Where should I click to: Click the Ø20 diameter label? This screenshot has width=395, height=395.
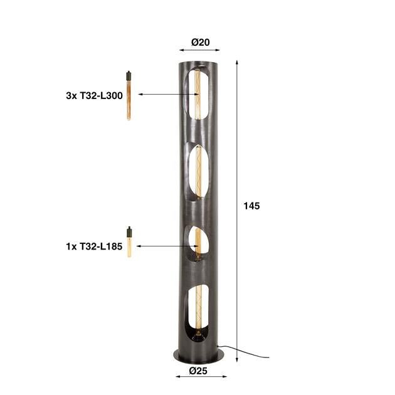click(200, 43)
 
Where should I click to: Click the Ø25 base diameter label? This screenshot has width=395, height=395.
click(200, 371)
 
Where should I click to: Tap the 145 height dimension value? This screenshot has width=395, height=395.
click(251, 206)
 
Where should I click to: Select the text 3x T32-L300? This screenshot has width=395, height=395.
click(94, 96)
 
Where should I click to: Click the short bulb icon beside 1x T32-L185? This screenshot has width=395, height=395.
click(129, 242)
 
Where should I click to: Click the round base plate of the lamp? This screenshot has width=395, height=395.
click(199, 354)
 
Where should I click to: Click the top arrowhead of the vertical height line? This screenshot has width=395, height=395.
click(236, 63)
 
